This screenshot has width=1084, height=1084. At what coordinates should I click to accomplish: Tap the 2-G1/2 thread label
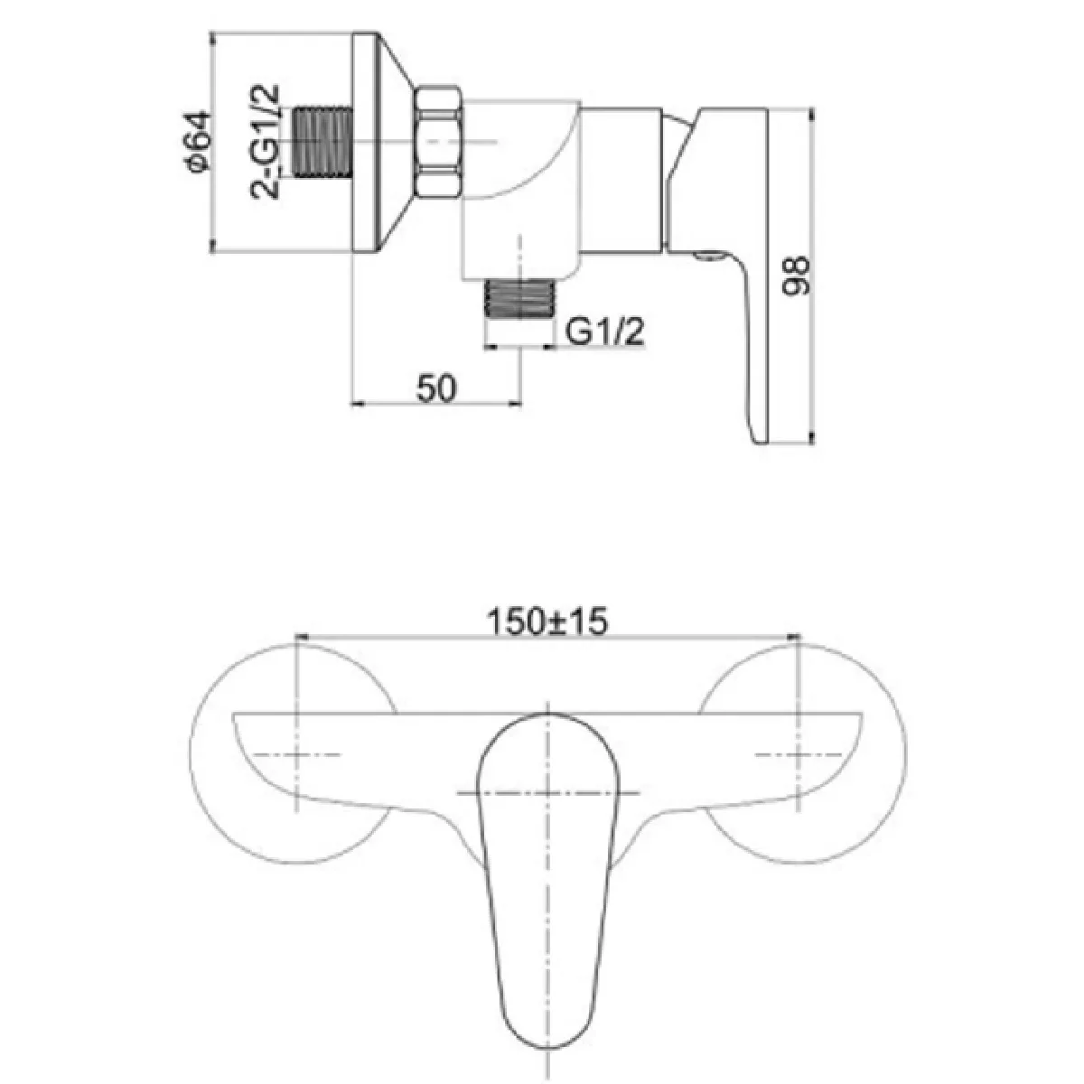tap(265, 141)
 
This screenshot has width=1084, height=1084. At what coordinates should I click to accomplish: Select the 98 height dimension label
tap(796, 275)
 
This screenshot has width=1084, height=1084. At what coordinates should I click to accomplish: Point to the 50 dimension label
tap(436, 388)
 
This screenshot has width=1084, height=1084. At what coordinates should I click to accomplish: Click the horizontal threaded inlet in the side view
tap(323, 142)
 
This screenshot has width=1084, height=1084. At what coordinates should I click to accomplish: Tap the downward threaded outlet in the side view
tap(520, 298)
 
